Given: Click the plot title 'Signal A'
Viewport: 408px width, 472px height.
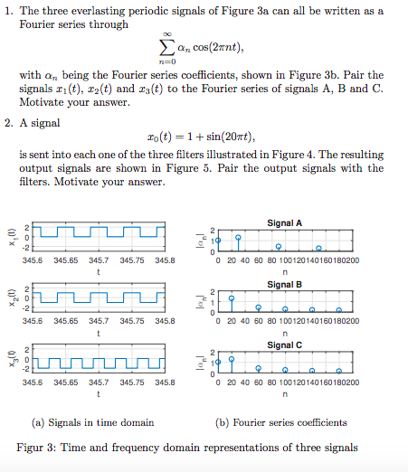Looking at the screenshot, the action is click(x=285, y=222).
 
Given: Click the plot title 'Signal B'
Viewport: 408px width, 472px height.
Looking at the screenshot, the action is click(x=285, y=284).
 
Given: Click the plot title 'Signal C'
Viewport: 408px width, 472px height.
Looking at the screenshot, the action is click(x=285, y=345).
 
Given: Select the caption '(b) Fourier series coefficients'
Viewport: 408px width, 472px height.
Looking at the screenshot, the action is click(x=281, y=422).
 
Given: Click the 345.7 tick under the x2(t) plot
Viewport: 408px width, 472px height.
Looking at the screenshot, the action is click(x=99, y=320).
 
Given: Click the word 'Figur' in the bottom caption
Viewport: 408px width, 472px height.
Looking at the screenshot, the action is click(x=31, y=448).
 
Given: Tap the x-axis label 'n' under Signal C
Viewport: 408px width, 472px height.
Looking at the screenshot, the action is click(x=285, y=394).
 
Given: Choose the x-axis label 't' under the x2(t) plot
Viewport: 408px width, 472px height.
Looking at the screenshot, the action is click(x=99, y=332).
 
